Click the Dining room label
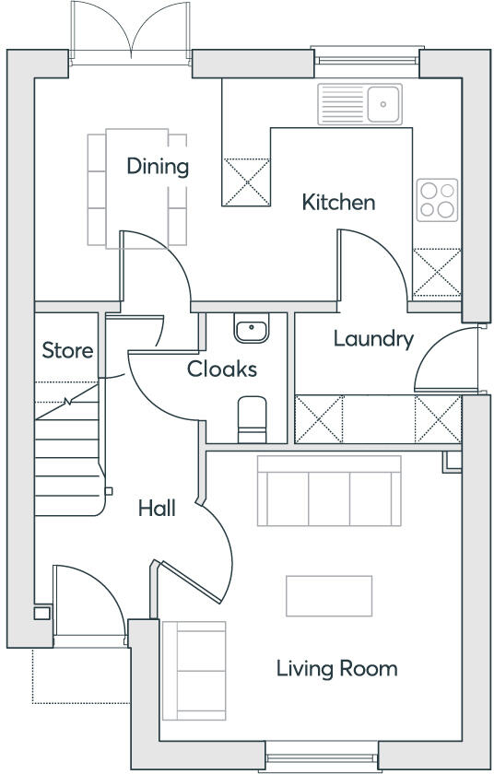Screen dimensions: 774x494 [158, 167]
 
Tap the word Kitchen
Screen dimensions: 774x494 [338, 202]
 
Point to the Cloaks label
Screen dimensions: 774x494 [221, 369]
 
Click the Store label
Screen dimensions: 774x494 [67, 351]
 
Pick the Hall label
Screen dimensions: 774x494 [157, 508]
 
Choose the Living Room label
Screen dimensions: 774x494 [336, 668]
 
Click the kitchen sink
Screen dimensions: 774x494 [359, 103]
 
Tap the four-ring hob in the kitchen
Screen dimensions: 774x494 [438, 199]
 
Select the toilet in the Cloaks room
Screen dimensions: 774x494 [251, 418]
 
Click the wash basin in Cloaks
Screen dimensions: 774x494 [251, 329]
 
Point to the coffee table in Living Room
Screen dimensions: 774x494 [329, 595]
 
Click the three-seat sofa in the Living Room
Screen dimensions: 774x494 [329, 490]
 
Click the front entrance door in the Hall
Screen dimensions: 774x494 [88, 604]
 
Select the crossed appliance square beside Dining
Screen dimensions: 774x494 [247, 181]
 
